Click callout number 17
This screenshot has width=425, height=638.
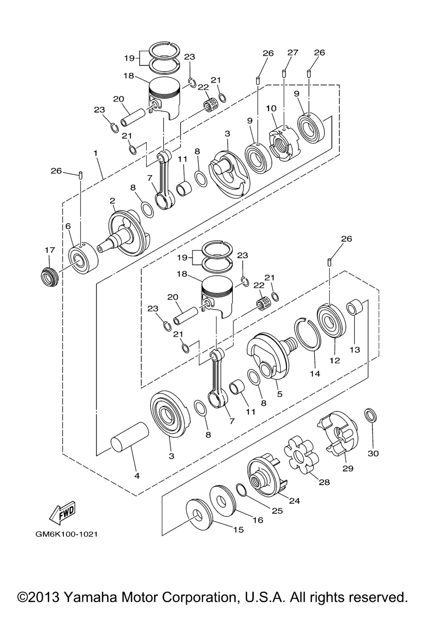point(49,250)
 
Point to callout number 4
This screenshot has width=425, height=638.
point(137,476)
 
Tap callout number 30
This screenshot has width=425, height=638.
point(373,453)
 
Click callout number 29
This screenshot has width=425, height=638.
point(348,468)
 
